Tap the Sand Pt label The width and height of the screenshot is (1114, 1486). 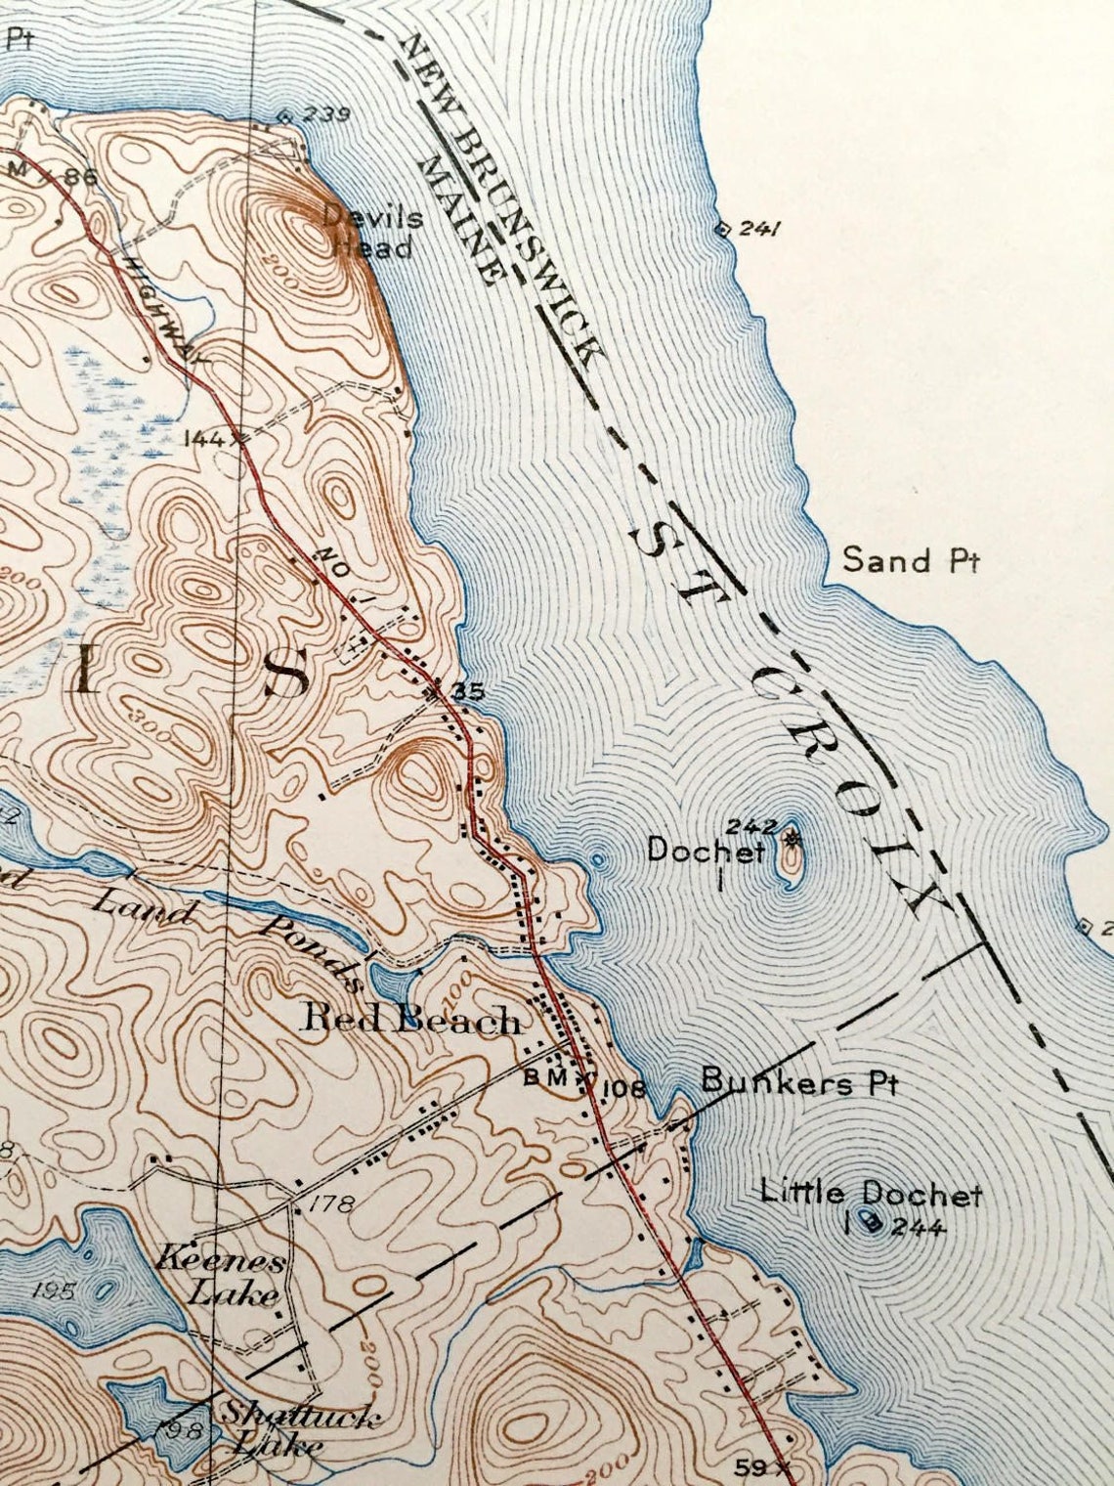911,560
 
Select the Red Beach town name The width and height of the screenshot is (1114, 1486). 410,1020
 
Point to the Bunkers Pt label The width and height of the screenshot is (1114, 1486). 798,1082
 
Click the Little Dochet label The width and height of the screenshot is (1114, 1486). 871,1194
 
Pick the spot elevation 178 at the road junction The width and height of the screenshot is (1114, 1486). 334,1202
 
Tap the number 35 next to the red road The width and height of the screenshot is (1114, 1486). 468,691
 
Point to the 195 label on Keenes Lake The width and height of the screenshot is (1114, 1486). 54,1290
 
